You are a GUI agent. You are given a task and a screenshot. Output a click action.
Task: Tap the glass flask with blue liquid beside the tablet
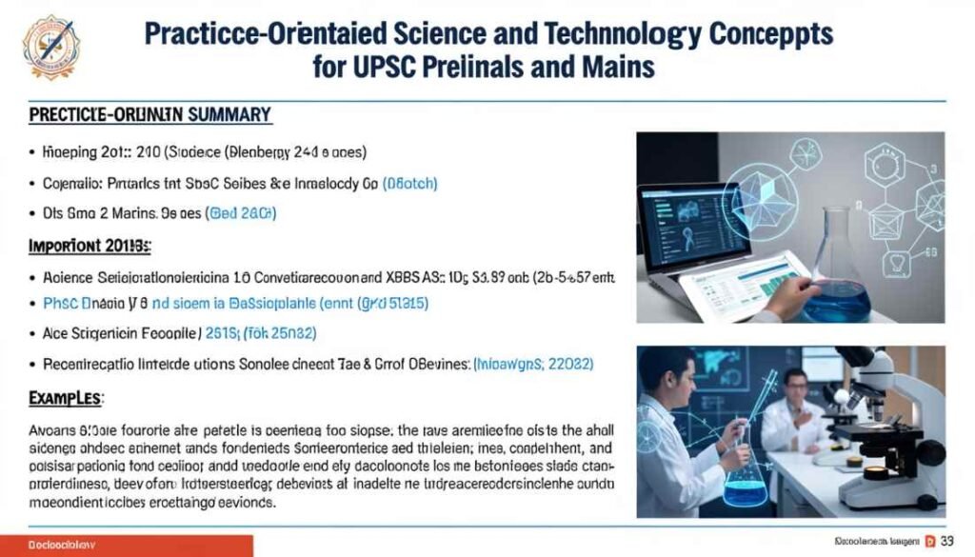(837, 270)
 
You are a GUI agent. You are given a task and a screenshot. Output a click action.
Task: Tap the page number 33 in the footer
(947, 543)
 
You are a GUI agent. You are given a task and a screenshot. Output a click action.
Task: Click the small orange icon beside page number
(929, 543)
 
